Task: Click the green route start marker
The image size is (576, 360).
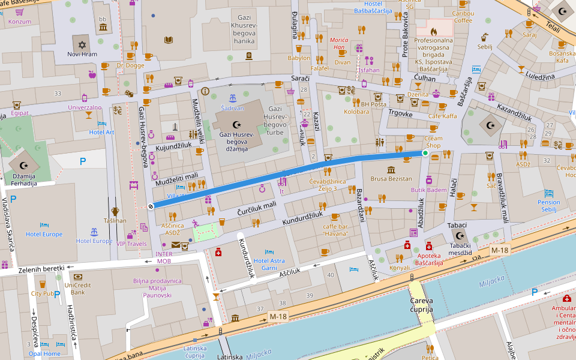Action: pyautogui.click(x=425, y=154)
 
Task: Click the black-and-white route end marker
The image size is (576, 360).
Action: pyautogui.click(x=151, y=206)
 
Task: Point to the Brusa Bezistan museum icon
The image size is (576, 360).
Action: pyautogui.click(x=391, y=170)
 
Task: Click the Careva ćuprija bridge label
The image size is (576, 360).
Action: pyautogui.click(x=421, y=305)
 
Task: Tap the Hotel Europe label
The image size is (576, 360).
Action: pyautogui.click(x=44, y=235)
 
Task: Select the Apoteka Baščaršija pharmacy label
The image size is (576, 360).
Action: pyautogui.click(x=429, y=260)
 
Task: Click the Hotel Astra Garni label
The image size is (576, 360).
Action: pyautogui.click(x=269, y=265)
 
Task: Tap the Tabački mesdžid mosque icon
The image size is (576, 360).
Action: pyautogui.click(x=460, y=236)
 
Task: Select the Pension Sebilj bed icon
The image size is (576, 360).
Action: pyautogui.click(x=549, y=194)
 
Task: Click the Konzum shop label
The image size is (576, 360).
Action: pyautogui.click(x=20, y=22)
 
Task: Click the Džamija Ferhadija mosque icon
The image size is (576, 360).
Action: pyautogui.click(x=24, y=165)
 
